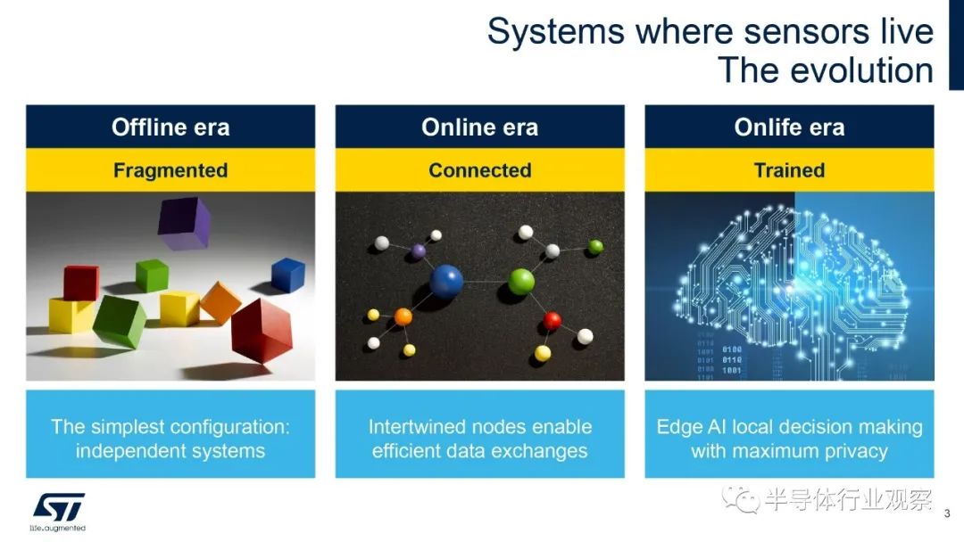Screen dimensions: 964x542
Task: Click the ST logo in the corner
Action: (58, 512)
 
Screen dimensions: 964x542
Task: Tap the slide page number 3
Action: (947, 513)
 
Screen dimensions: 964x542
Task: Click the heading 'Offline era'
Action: (170, 127)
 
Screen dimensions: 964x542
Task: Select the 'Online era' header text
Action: (479, 127)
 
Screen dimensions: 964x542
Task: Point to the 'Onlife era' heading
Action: (789, 127)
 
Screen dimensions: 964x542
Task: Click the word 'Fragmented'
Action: (170, 170)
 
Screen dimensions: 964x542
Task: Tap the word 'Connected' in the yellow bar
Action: (479, 170)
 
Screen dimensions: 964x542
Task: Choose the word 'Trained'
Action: (789, 170)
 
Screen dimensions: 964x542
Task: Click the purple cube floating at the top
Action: (184, 223)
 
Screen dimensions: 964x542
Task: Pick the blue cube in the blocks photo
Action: (287, 275)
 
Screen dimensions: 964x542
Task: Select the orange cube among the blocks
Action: (220, 302)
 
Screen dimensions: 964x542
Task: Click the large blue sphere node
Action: (446, 282)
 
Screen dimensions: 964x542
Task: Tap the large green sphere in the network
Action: (521, 282)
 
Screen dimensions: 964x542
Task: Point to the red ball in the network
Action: (553, 320)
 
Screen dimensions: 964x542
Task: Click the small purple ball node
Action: (418, 251)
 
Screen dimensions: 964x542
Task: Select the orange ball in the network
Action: (403, 316)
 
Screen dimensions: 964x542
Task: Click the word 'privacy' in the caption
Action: (856, 452)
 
